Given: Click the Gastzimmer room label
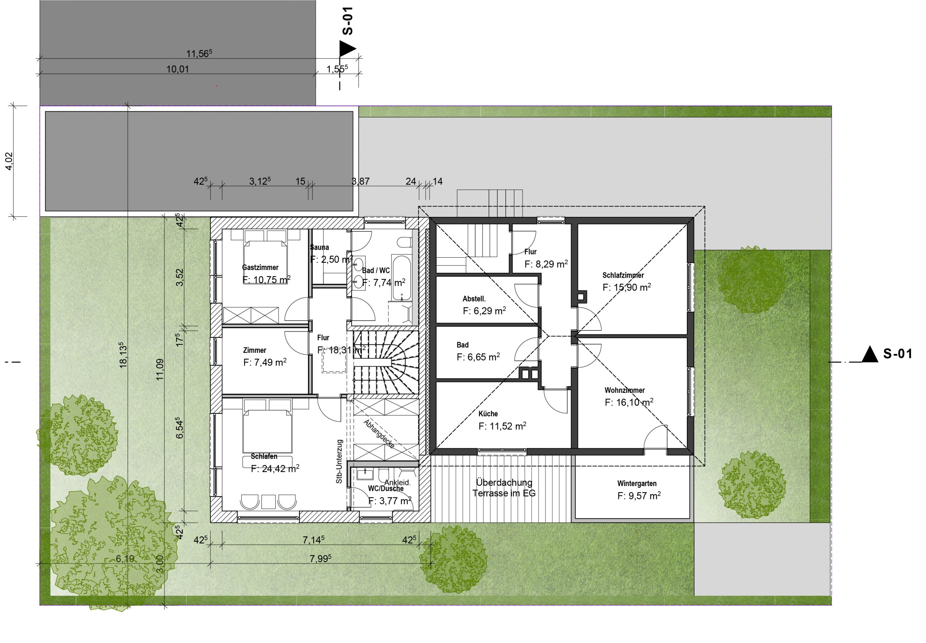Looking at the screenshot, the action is [x=260, y=267].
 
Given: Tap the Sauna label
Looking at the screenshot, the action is [x=319, y=247].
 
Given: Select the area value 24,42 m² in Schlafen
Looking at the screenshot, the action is [x=275, y=468].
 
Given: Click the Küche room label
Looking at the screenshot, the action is [x=488, y=414].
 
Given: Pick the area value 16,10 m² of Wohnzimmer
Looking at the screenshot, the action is [x=629, y=402].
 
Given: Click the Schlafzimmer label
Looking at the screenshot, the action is [x=623, y=275].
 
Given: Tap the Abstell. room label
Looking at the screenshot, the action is [x=474, y=299].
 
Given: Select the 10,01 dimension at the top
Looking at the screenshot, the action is [x=177, y=69].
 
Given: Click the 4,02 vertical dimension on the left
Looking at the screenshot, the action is [x=9, y=161].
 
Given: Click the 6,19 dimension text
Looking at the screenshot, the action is [x=125, y=559].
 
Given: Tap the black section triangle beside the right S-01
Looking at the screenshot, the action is [x=869, y=355].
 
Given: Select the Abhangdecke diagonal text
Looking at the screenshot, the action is [x=379, y=434].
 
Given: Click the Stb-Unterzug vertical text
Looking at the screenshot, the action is [x=339, y=461].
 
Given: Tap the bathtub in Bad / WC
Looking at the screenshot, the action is [x=401, y=277].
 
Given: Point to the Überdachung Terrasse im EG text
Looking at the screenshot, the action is [x=504, y=488].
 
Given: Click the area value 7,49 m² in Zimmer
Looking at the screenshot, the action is [x=265, y=362].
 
